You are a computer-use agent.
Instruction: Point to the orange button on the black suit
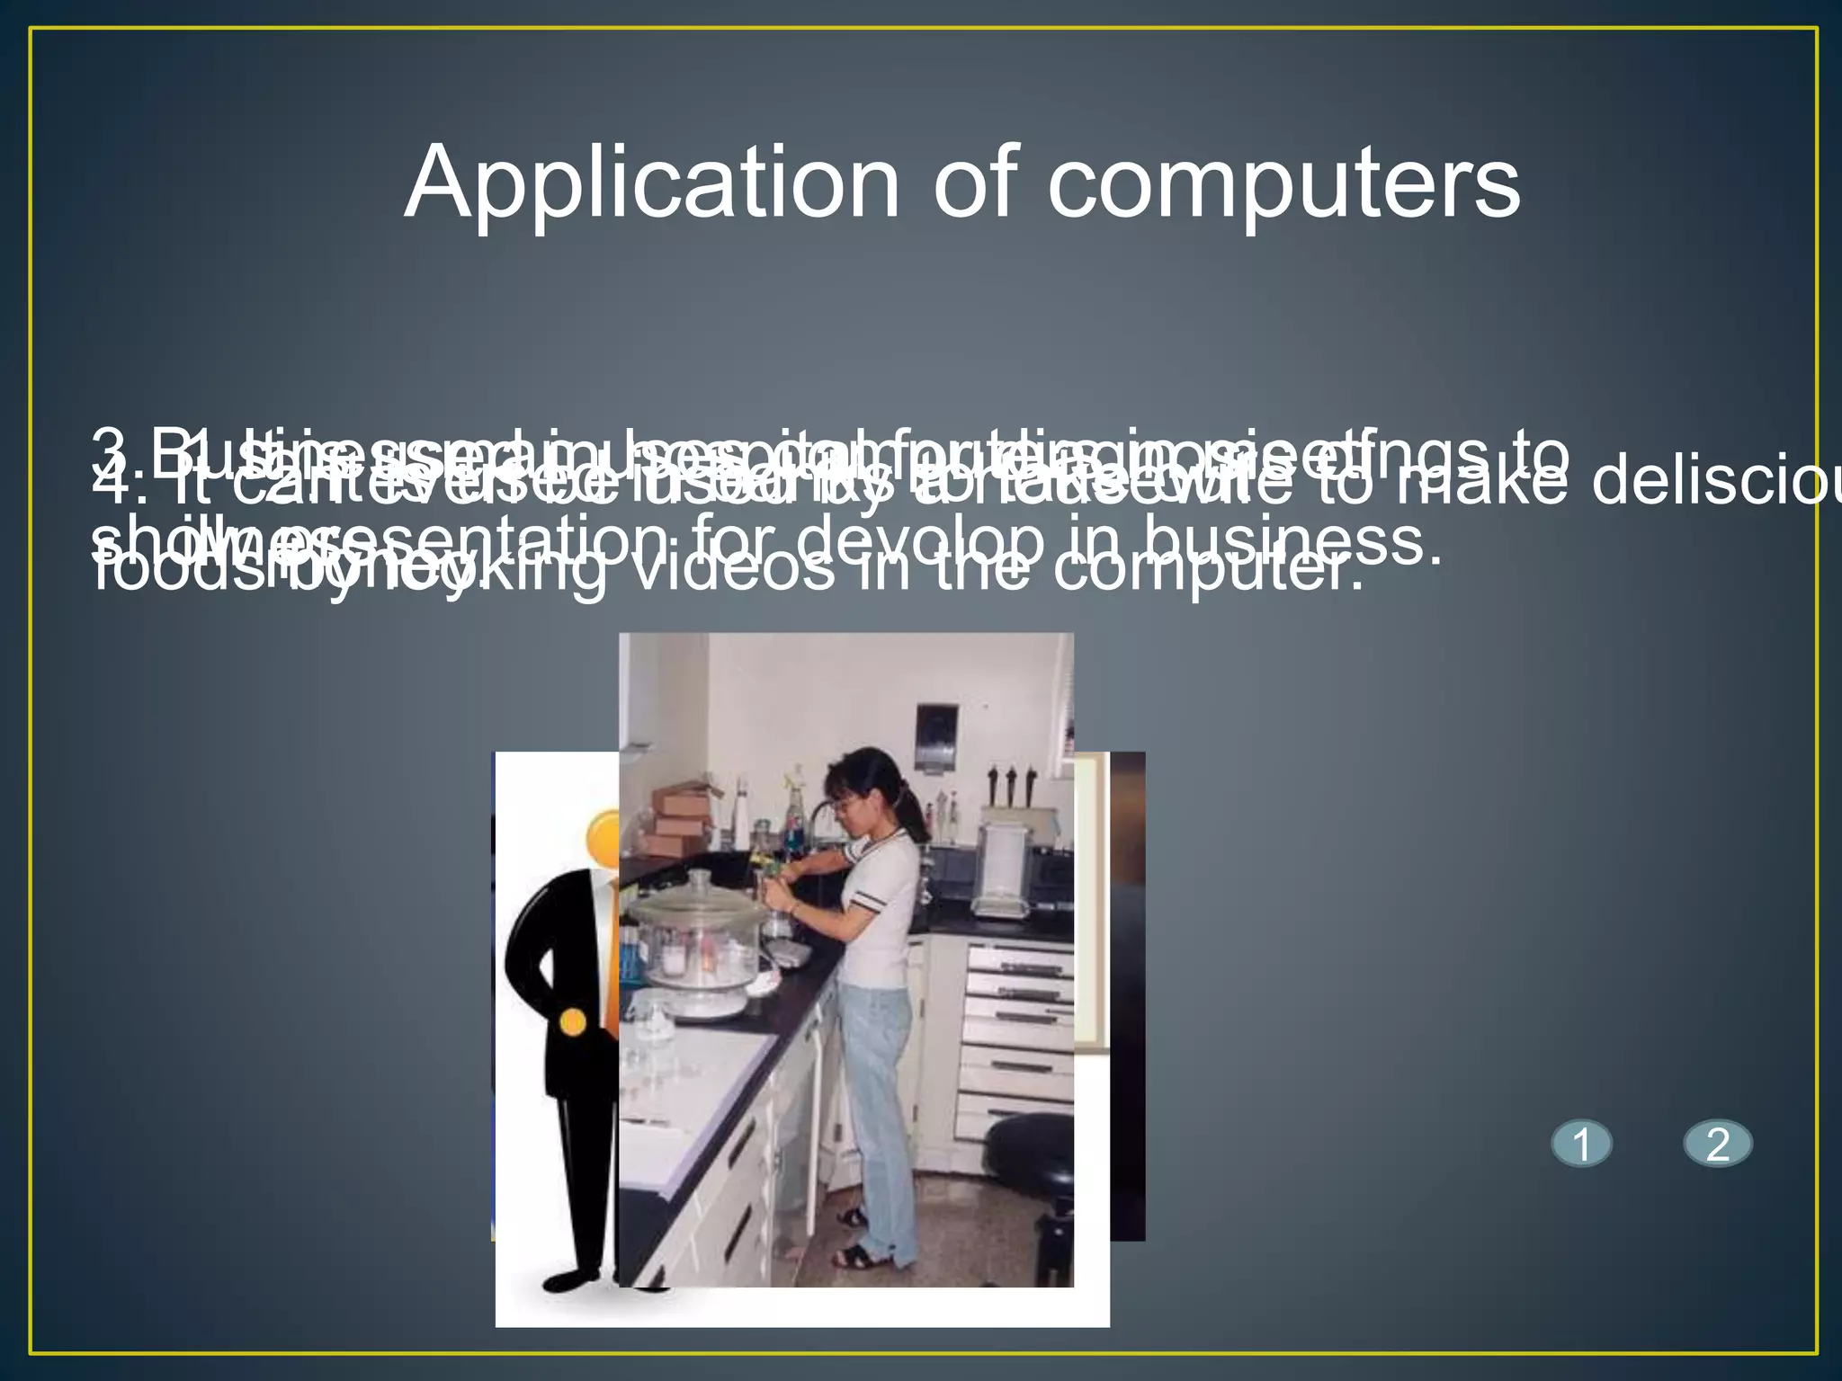pos(573,1022)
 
